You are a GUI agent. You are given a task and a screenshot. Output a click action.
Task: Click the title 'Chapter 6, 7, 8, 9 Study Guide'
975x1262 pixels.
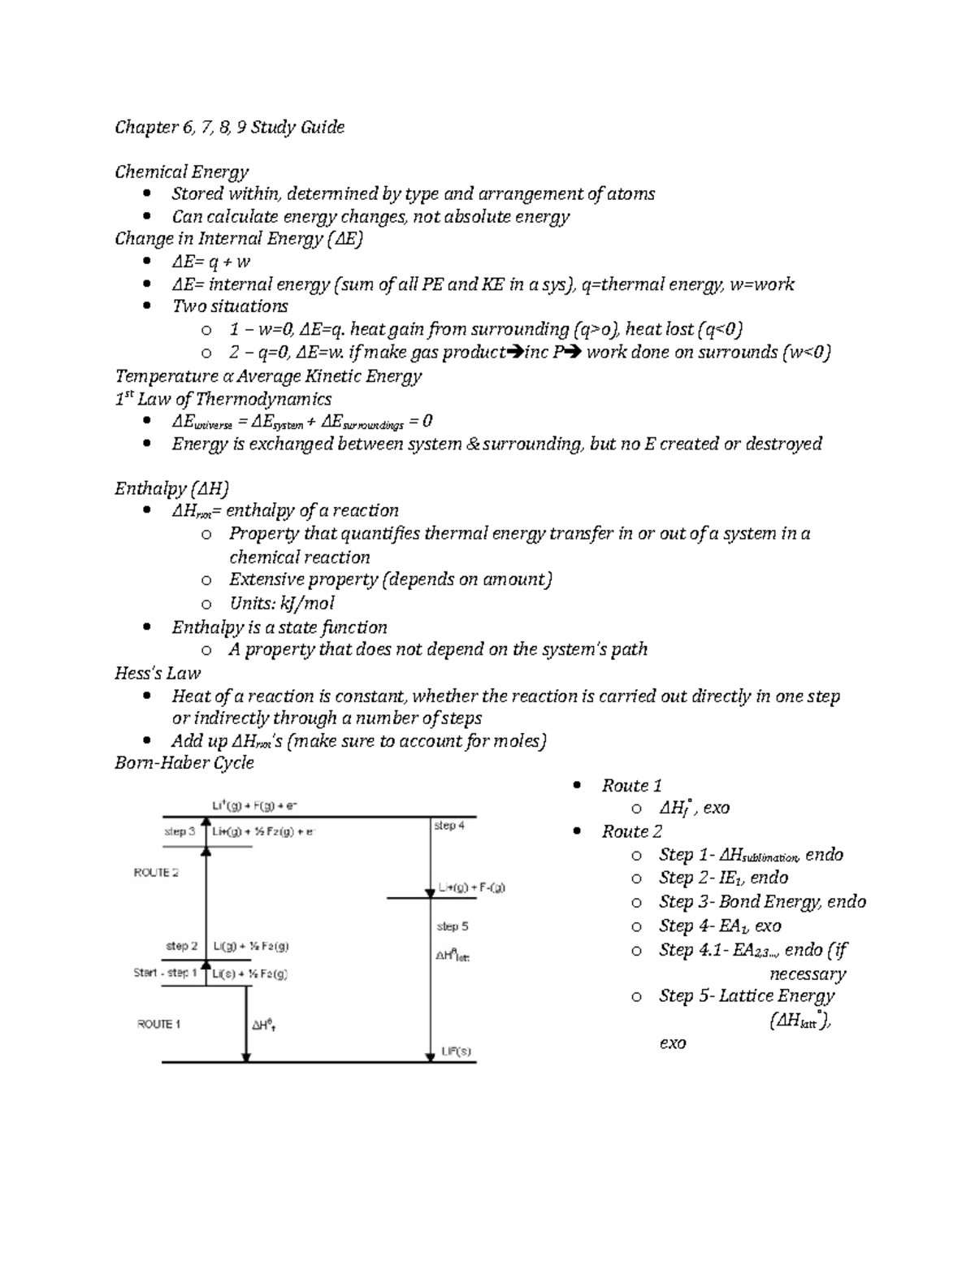[x=229, y=127]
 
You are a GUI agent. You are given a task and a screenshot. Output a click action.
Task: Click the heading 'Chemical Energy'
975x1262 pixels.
[x=181, y=171]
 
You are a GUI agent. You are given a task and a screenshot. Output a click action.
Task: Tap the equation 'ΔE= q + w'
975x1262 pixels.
[x=210, y=262]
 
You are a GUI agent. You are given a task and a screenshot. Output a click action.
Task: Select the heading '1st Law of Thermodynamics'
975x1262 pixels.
[x=223, y=399]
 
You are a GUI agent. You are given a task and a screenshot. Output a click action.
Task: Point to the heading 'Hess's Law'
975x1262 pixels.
[x=157, y=673]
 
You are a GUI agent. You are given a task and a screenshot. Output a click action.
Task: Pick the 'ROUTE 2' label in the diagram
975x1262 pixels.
[x=156, y=873]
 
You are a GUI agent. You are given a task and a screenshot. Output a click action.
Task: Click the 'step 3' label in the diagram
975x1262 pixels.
[x=180, y=831]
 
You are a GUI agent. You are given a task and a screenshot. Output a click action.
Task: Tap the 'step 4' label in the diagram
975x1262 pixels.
[x=449, y=826]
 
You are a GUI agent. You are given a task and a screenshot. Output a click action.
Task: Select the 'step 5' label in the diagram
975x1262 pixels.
[x=453, y=926]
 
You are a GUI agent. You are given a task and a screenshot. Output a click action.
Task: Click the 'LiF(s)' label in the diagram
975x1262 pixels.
[x=456, y=1052]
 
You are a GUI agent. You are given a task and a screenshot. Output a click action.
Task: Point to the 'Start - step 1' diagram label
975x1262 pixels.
[x=165, y=973]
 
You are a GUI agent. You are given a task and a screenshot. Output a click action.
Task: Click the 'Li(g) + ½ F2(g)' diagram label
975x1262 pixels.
[x=250, y=946]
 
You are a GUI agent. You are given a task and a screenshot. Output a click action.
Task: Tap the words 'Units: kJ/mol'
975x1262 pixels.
[x=281, y=603]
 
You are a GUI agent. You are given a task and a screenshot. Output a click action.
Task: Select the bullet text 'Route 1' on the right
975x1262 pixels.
[x=631, y=786]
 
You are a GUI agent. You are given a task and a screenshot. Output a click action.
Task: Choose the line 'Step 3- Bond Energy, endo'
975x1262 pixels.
[x=762, y=902]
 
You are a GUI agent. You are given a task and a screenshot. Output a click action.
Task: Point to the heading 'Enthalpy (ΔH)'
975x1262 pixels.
[x=171, y=488]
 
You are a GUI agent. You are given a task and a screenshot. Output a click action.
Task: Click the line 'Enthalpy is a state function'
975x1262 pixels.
[x=279, y=627]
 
